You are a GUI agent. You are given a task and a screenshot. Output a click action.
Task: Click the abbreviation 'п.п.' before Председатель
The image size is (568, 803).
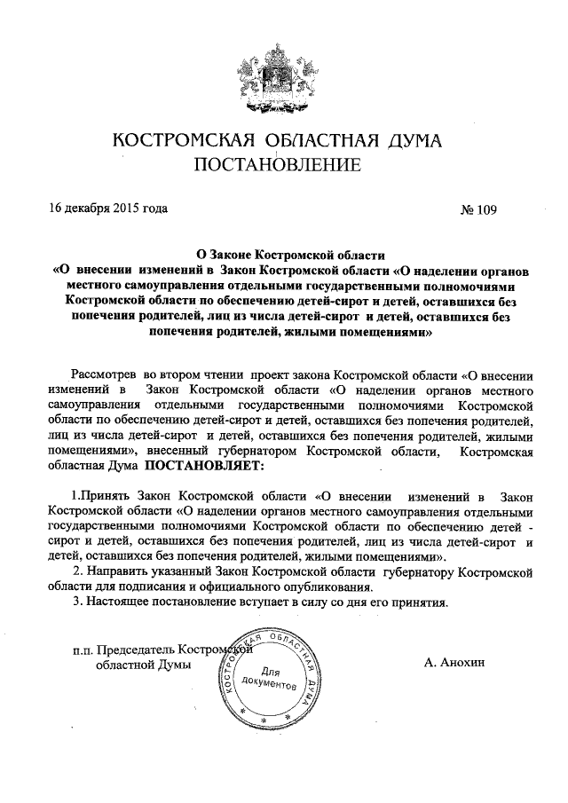(83, 650)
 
